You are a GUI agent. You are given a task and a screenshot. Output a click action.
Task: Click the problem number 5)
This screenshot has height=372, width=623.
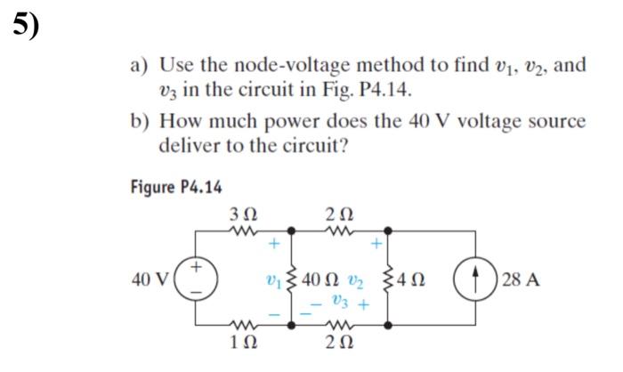pos(27,27)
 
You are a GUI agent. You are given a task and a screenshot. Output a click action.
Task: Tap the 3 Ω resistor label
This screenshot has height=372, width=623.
pos(242,214)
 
